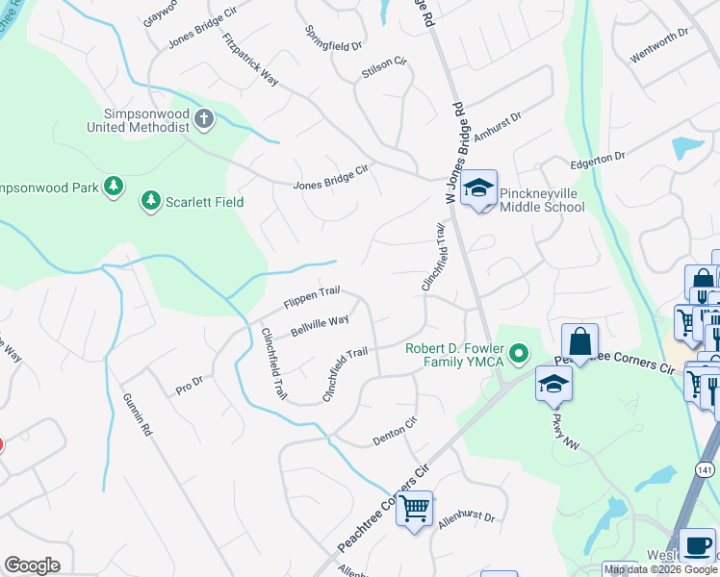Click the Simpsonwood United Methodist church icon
(x=203, y=119)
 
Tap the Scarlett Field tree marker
(x=150, y=201)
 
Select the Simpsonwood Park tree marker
(x=114, y=186)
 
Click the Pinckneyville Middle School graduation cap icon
(x=477, y=189)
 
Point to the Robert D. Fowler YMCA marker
(x=520, y=355)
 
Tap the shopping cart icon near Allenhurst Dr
(x=415, y=508)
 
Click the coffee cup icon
(x=696, y=545)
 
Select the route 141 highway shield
(x=707, y=469)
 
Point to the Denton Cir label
(x=395, y=430)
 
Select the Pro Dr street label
(x=190, y=386)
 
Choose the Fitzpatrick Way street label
(x=249, y=61)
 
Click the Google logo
(x=32, y=565)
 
